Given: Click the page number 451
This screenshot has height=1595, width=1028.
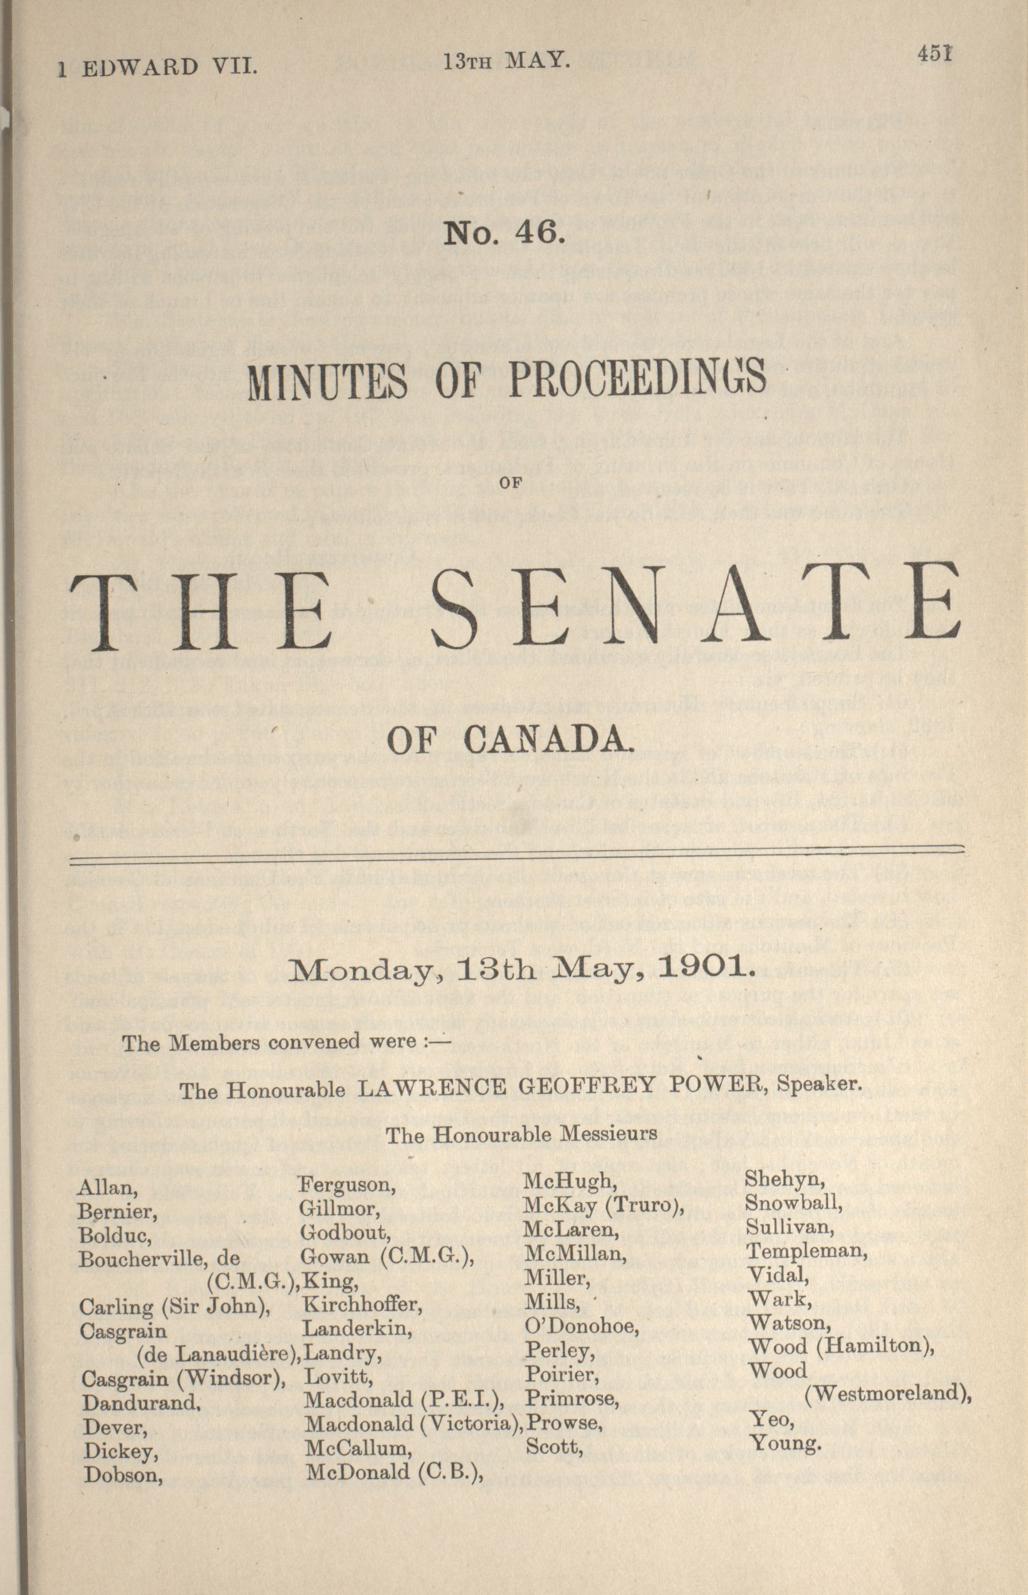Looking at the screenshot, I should point(934,53).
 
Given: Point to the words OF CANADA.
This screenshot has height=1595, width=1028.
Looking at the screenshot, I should point(509,739).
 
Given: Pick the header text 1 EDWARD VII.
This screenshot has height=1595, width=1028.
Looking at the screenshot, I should point(156,67).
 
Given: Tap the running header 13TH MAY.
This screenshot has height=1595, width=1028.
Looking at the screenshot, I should point(507,62).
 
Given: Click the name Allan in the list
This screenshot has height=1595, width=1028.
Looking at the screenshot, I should point(107,1188).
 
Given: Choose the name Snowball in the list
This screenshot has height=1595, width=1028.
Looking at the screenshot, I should point(793,1204).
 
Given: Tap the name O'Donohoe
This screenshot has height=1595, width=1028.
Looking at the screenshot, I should point(581,1326).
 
